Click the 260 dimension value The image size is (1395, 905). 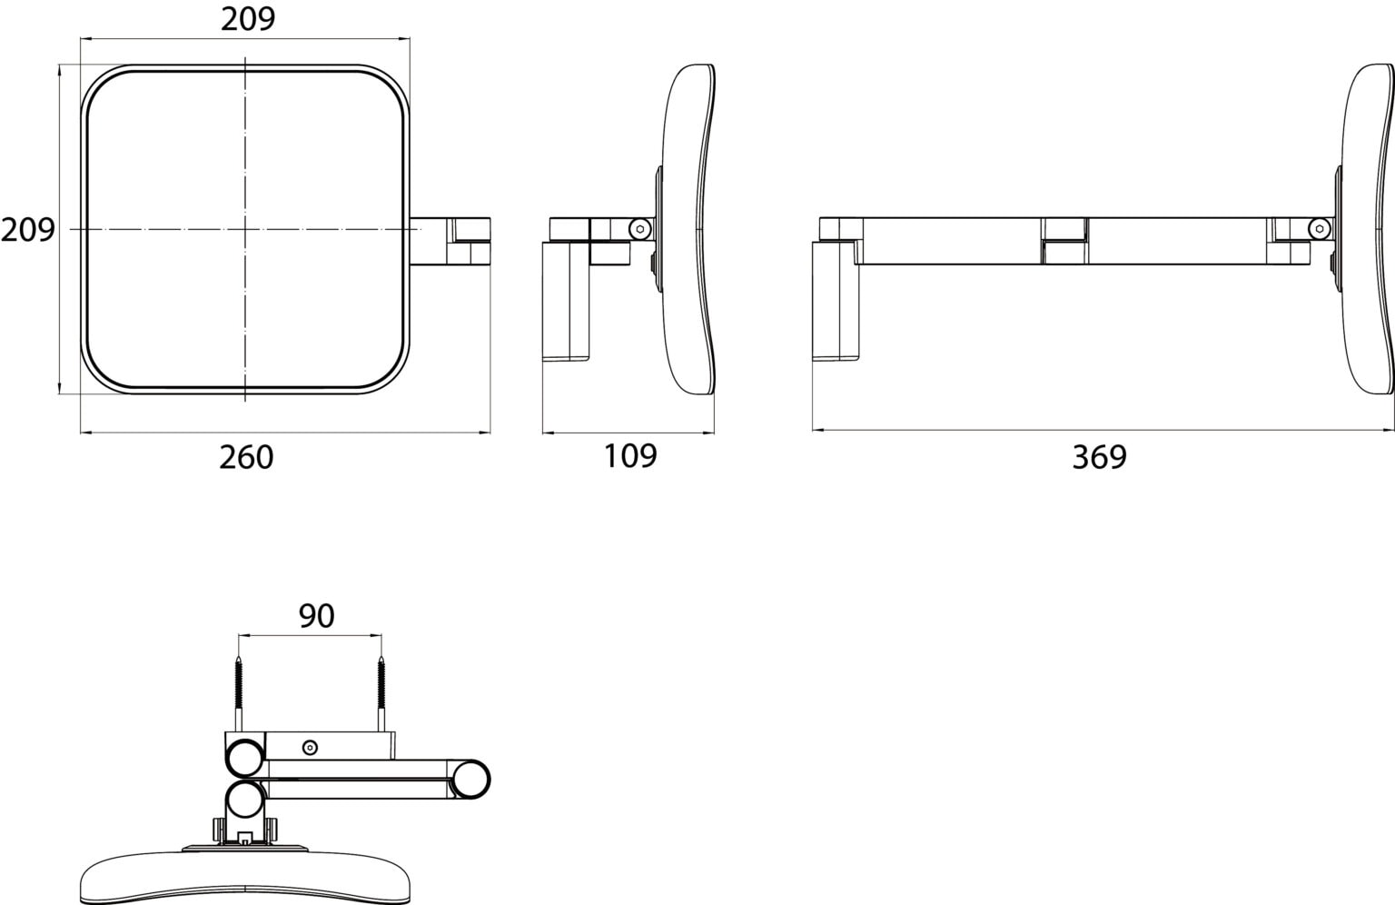click(246, 457)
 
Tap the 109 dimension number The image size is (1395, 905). click(630, 455)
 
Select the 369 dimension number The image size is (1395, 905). click(1099, 457)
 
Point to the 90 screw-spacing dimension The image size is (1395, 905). click(316, 616)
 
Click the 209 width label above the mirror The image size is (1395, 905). click(248, 19)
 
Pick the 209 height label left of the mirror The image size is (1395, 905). click(28, 230)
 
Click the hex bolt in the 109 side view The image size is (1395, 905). click(639, 229)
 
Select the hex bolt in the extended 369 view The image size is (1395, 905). click(1319, 229)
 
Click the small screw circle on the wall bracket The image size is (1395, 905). click(310, 747)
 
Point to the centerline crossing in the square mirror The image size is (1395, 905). click(245, 229)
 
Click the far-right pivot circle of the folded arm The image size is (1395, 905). click(470, 779)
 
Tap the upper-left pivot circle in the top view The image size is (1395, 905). click(244, 758)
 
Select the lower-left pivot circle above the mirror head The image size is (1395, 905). click(244, 799)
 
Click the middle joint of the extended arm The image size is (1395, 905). click(1065, 240)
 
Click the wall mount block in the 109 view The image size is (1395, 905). click(566, 302)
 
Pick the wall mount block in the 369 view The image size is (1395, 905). click(836, 302)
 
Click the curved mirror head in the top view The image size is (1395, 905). click(247, 876)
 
